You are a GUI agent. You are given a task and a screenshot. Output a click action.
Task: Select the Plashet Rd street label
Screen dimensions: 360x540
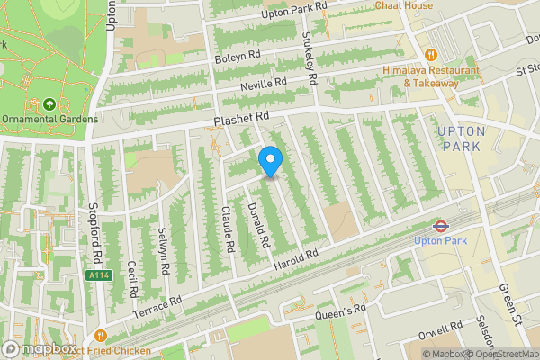(x=241, y=119)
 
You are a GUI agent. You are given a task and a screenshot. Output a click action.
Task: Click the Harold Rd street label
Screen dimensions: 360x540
(x=296, y=257)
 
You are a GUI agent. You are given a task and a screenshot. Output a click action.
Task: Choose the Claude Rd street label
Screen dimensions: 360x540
(x=228, y=229)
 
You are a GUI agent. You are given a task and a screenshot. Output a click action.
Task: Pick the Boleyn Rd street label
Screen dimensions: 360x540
(x=237, y=57)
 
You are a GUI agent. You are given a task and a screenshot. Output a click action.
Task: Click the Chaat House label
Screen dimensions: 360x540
(x=405, y=5)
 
